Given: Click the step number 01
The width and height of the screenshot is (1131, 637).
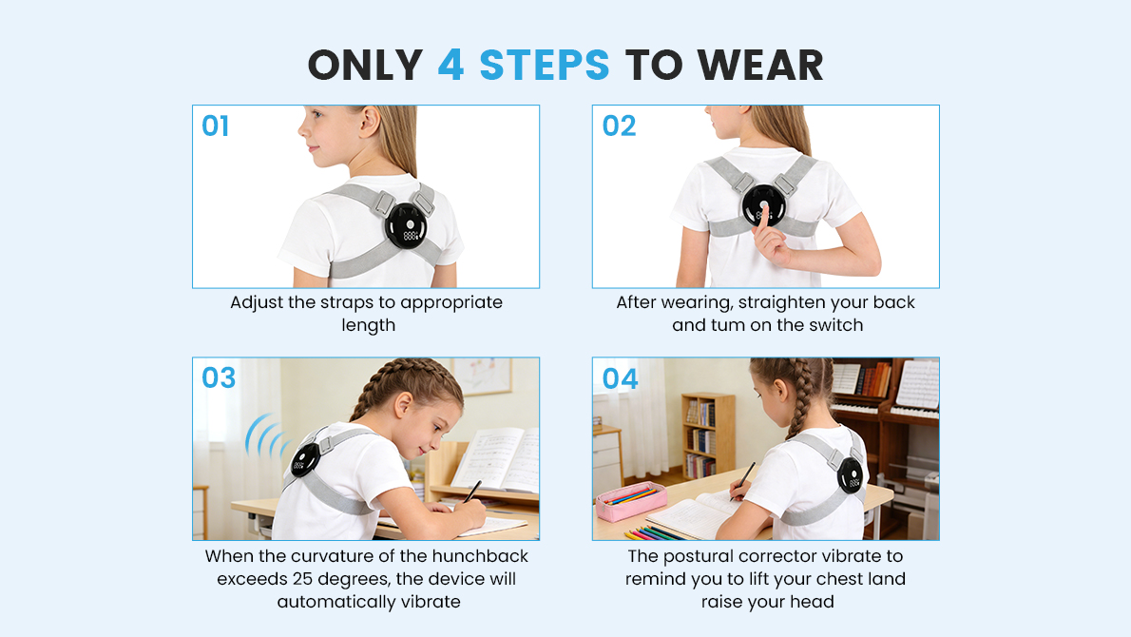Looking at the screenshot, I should (x=216, y=126).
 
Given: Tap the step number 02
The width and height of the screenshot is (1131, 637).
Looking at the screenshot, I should (x=619, y=126).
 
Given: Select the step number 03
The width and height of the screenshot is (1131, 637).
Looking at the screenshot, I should (x=219, y=378).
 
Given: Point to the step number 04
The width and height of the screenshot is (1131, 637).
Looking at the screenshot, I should (x=621, y=378).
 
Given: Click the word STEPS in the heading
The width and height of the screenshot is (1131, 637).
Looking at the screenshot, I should (x=544, y=65).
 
